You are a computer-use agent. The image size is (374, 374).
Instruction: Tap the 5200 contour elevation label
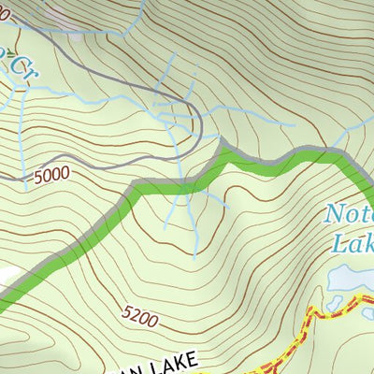point(139,318)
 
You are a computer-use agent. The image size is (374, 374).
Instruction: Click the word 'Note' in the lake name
point(348,214)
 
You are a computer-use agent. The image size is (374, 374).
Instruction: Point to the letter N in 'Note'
point(333,214)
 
